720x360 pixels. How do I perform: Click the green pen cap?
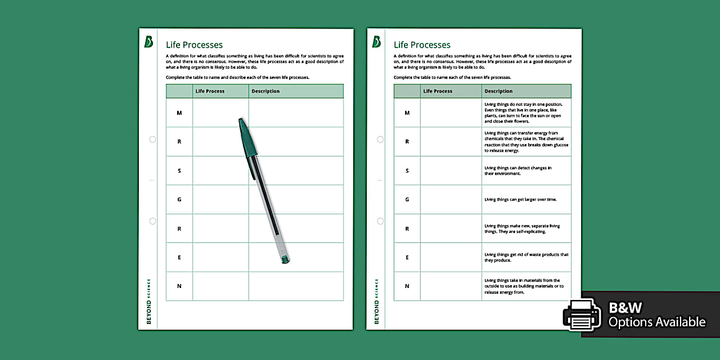248,138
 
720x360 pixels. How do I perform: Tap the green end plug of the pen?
285,259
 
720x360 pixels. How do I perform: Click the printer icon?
582,314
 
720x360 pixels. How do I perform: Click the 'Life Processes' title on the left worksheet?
194,45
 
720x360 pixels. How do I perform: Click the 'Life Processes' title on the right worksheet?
422,45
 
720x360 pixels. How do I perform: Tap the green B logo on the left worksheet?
149,42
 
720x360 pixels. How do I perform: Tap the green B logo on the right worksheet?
377,42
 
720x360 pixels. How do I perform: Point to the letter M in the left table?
179,113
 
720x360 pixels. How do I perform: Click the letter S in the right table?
407,171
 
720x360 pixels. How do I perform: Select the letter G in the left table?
179,199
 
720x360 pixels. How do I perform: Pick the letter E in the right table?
407,258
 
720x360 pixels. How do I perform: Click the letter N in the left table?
179,286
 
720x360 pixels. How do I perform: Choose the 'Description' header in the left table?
266,91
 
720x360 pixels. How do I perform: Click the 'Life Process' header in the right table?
438,91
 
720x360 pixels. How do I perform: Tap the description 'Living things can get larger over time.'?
521,199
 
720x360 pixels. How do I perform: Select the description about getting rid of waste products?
526,258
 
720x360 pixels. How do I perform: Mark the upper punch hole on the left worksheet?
153,139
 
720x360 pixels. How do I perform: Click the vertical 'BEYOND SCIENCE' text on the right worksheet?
377,301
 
